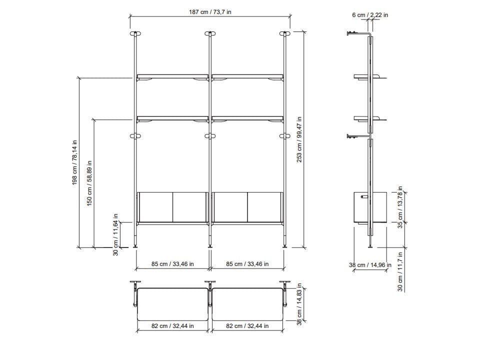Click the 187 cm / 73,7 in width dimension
(x=210, y=12)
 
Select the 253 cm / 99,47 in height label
(x=299, y=139)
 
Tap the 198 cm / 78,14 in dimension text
(x=74, y=162)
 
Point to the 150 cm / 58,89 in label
(x=89, y=183)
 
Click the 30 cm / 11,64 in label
(x=115, y=235)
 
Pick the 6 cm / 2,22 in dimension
(x=370, y=14)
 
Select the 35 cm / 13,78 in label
(x=400, y=207)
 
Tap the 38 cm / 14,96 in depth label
(x=370, y=265)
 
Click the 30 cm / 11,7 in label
(x=400, y=271)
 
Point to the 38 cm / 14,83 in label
(x=299, y=304)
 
